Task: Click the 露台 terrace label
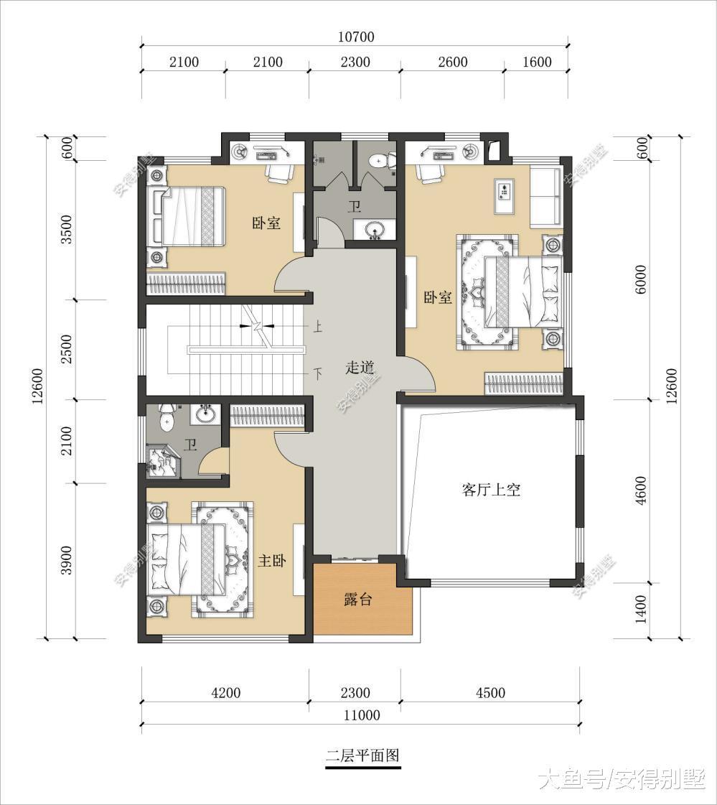coord(357,600)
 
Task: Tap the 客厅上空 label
coord(490,490)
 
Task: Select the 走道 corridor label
coord(360,368)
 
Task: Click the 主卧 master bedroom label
coord(271,561)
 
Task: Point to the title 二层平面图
coord(362,755)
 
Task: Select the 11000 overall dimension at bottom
coord(361,715)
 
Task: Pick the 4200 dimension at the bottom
coord(225,693)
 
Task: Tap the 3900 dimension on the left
coord(67,560)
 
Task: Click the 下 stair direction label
coord(317,373)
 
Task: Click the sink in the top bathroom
coord(374,230)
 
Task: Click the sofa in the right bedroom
coord(545,197)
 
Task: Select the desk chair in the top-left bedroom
coord(280,173)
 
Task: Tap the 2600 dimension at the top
coord(452,62)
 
